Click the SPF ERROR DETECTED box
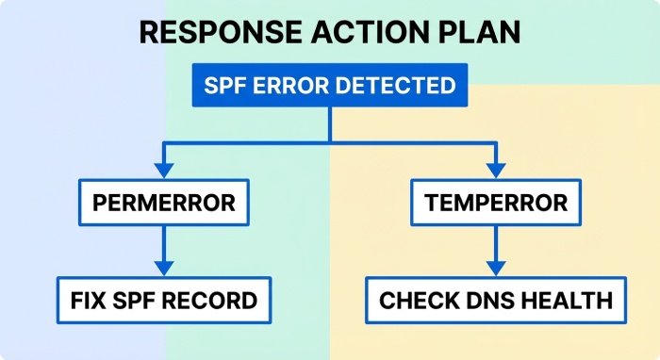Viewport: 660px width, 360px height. click(x=329, y=86)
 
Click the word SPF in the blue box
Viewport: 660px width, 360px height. click(x=226, y=86)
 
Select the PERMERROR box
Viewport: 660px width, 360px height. click(x=164, y=202)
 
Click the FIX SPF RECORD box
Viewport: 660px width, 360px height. click(x=164, y=301)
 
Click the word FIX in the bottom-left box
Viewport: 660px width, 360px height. click(x=88, y=301)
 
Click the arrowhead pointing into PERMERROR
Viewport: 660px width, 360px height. click(x=164, y=172)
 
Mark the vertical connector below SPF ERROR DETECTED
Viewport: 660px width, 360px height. click(x=329, y=123)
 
